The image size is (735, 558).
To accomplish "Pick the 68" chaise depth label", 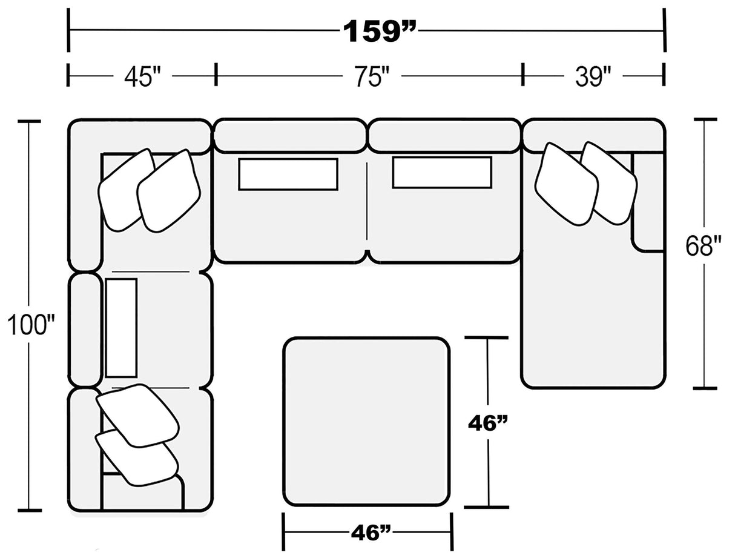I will [x=704, y=247].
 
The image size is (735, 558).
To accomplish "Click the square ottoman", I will [x=366, y=421].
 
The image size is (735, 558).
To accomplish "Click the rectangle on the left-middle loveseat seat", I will [x=288, y=174].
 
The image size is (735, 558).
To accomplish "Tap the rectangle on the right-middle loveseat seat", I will [x=441, y=172].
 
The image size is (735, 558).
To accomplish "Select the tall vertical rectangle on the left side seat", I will [x=121, y=328].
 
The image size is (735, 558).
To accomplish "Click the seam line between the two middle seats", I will [x=367, y=206].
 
